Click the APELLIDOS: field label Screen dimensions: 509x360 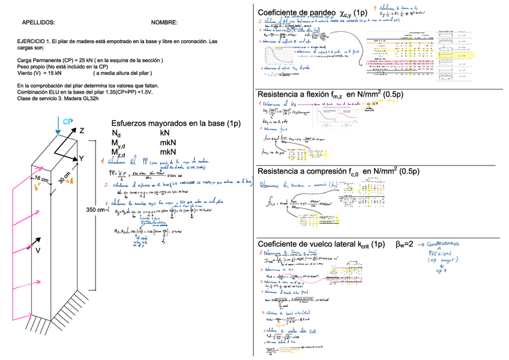tap(38, 23)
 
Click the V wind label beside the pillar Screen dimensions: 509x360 tap(37, 250)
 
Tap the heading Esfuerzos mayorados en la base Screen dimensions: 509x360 tap(175, 123)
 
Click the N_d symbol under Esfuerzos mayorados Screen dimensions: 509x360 tap(116, 133)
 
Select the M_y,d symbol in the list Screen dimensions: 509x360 tap(118, 143)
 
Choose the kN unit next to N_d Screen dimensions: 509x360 tap(166, 133)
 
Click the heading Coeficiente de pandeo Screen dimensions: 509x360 tap(296, 13)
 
